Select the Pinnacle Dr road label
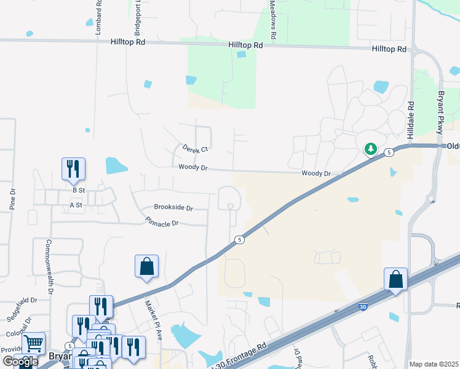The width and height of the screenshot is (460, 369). coord(162,221)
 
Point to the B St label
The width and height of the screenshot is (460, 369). coord(78,191)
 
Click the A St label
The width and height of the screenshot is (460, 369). coord(76,205)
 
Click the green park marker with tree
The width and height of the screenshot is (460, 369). coord(371,149)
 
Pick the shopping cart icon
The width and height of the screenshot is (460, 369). coord(33,343)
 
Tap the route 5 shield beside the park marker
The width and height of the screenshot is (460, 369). coord(389,152)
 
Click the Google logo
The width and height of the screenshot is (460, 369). coord(20,362)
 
